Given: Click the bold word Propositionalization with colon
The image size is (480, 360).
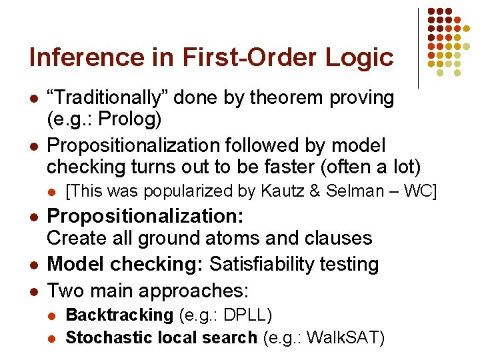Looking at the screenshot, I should coord(145,217).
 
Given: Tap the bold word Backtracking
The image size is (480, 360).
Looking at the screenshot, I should coord(119,315).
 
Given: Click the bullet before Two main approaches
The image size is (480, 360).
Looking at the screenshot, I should coord(33,291).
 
